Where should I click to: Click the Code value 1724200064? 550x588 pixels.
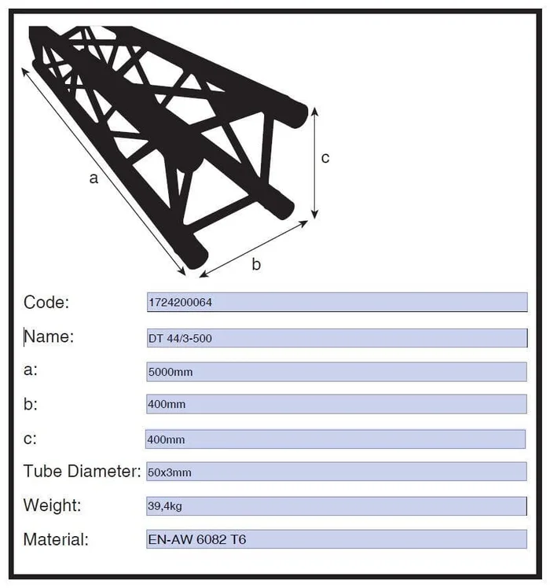pyautogui.click(x=181, y=302)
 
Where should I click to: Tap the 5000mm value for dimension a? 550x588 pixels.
pyautogui.click(x=170, y=372)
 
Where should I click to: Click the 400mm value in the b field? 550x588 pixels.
pyautogui.click(x=167, y=404)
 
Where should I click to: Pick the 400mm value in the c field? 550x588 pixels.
pyautogui.click(x=166, y=439)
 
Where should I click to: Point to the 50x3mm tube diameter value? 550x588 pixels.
pyautogui.click(x=170, y=472)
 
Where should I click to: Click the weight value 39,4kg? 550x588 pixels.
pyautogui.click(x=165, y=506)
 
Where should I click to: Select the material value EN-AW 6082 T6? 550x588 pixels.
pyautogui.click(x=197, y=539)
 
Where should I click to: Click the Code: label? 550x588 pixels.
pyautogui.click(x=46, y=302)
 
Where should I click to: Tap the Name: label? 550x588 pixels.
pyautogui.click(x=49, y=336)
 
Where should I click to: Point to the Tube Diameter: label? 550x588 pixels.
pyautogui.click(x=82, y=471)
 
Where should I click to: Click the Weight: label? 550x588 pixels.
pyautogui.click(x=52, y=505)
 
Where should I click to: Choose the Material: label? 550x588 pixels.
pyautogui.click(x=56, y=539)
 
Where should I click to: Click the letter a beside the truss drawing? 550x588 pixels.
pyautogui.click(x=93, y=178)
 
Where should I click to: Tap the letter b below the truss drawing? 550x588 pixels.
pyautogui.click(x=256, y=264)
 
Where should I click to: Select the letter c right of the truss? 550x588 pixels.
pyautogui.click(x=325, y=158)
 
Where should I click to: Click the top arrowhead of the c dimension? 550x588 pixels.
pyautogui.click(x=315, y=111)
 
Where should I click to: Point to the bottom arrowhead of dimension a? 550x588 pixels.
pyautogui.click(x=181, y=271)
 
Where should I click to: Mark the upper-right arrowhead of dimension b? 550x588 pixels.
pyautogui.click(x=303, y=224)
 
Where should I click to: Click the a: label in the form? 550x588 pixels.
pyautogui.click(x=31, y=370)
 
